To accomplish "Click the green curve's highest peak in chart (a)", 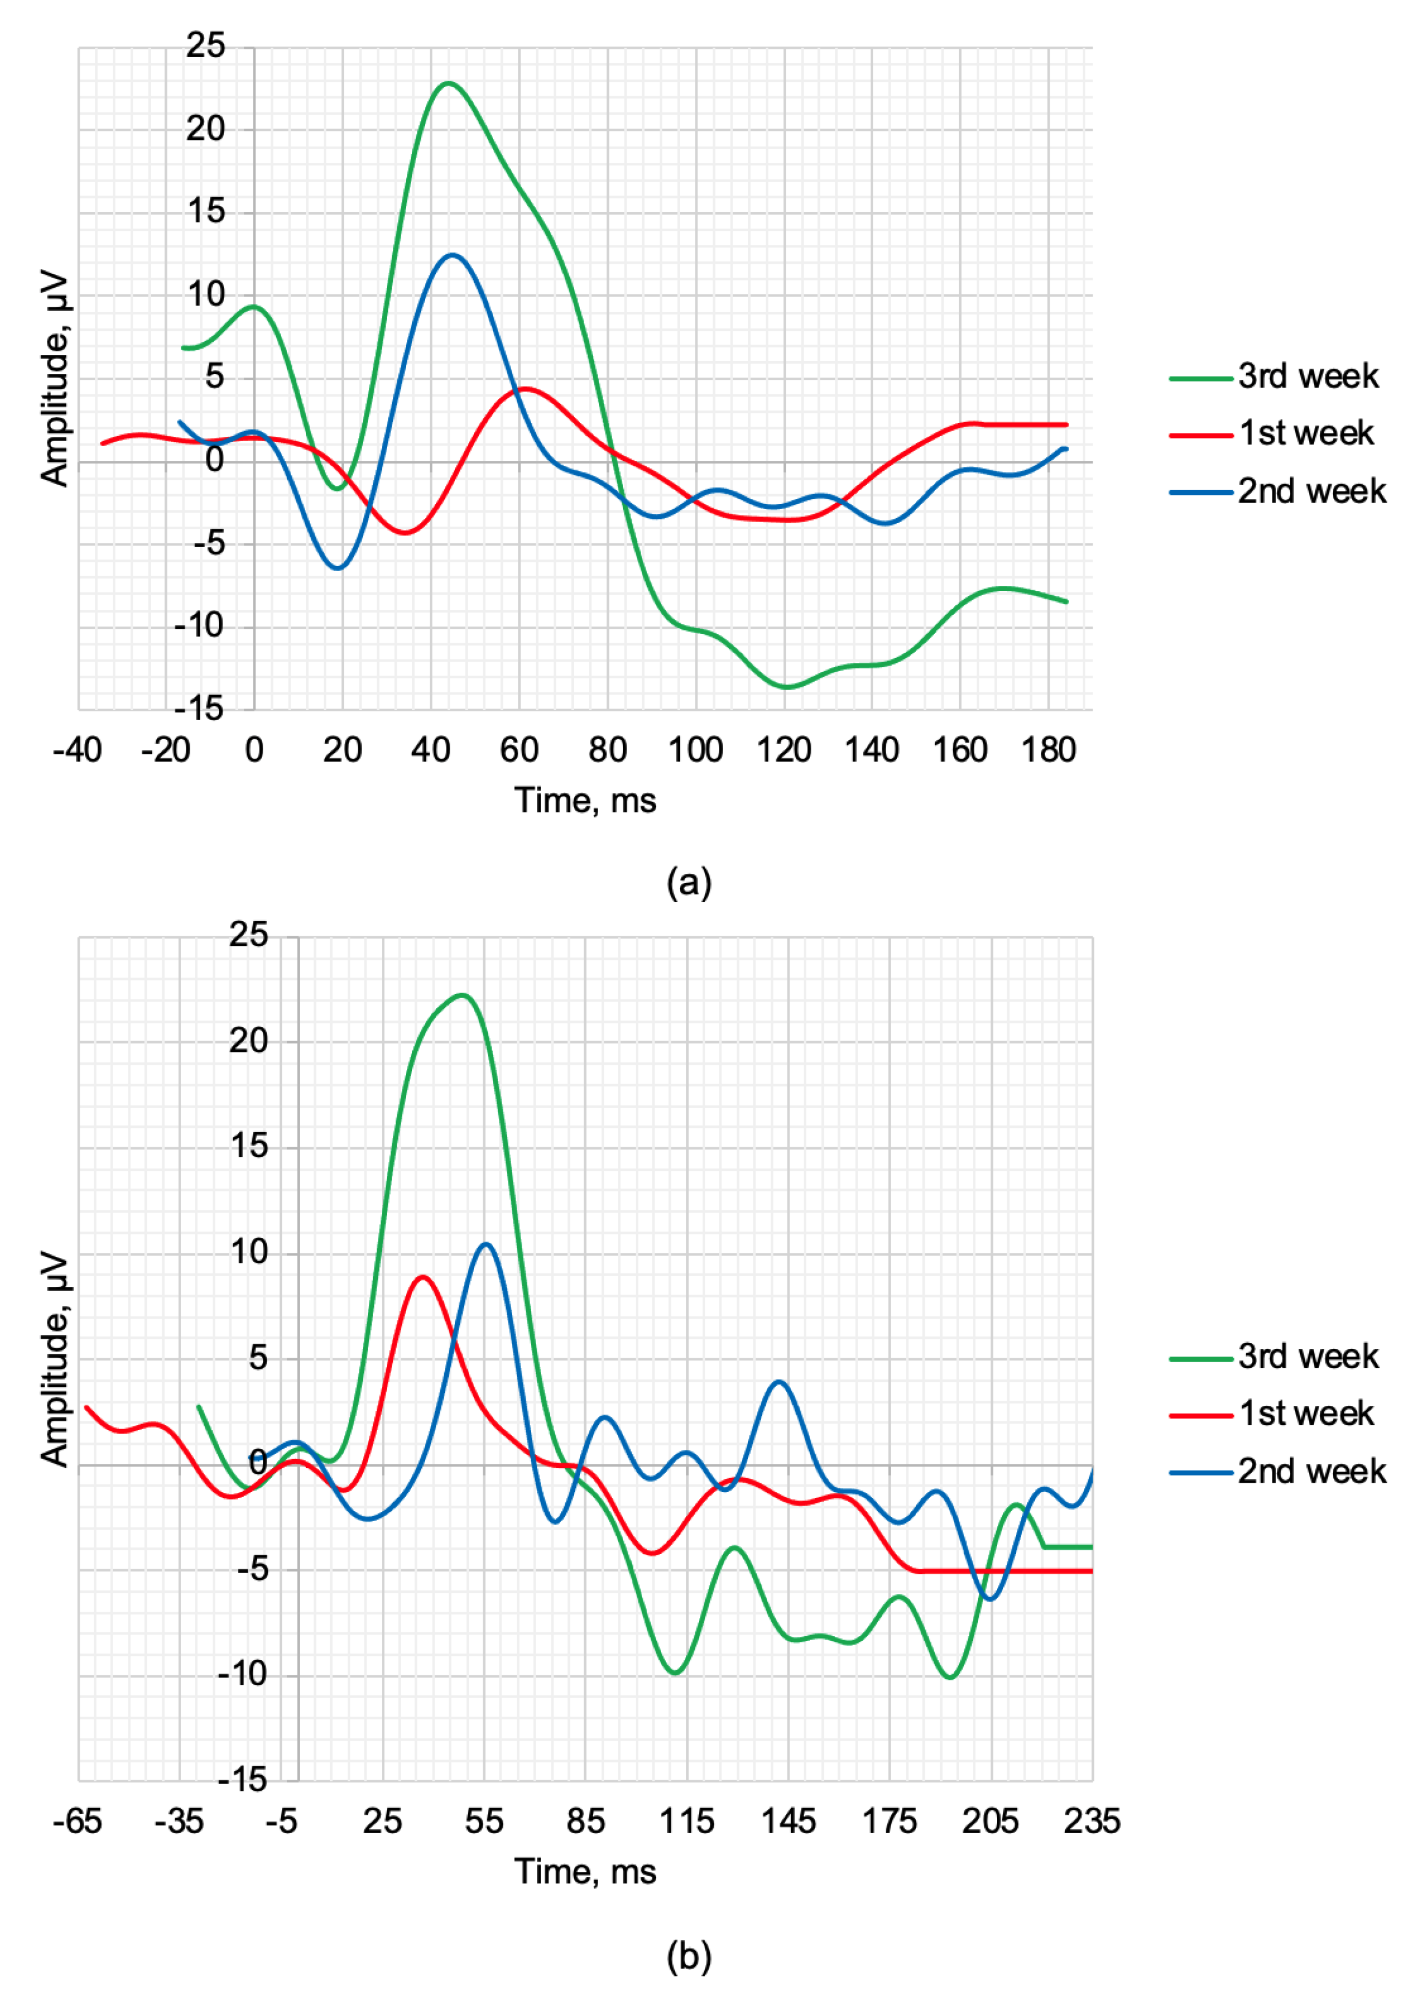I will (448, 83).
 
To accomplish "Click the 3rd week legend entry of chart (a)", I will (1308, 377).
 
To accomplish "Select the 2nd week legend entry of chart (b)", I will (1311, 1471).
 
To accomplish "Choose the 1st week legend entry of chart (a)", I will (1305, 433).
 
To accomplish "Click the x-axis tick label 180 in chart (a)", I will (1048, 750).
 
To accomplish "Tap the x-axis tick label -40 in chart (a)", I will (77, 750).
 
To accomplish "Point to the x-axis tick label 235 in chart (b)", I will (1092, 1822).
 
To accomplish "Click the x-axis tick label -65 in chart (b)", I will (77, 1822).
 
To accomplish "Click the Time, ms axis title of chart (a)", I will (585, 800).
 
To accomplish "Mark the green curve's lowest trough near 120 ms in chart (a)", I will (787, 687).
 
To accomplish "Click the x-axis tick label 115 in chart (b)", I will (687, 1822).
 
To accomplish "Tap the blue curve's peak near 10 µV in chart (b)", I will (486, 1244).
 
